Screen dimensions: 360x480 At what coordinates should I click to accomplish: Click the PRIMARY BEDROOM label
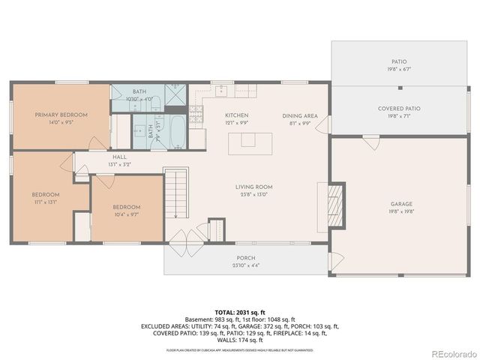coord(61,115)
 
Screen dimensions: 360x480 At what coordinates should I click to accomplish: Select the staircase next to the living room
coord(175,193)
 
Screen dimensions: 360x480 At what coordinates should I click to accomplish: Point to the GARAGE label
coord(401,203)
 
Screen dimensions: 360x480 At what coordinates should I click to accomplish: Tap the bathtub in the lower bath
coord(176,132)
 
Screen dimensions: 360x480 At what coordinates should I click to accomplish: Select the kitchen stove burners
coord(196,113)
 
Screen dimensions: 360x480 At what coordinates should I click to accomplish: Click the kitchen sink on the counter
coord(222,91)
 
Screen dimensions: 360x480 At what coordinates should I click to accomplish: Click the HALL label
coord(119,157)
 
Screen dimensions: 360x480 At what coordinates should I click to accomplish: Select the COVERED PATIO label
coord(398,108)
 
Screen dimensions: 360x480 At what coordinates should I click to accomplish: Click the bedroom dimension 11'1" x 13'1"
coord(45,202)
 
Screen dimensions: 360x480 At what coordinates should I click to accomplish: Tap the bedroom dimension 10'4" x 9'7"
coord(126,214)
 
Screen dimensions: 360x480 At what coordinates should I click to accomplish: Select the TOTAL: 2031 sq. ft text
coord(240,311)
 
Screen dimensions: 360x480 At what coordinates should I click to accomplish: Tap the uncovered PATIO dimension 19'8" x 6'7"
coord(398,69)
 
